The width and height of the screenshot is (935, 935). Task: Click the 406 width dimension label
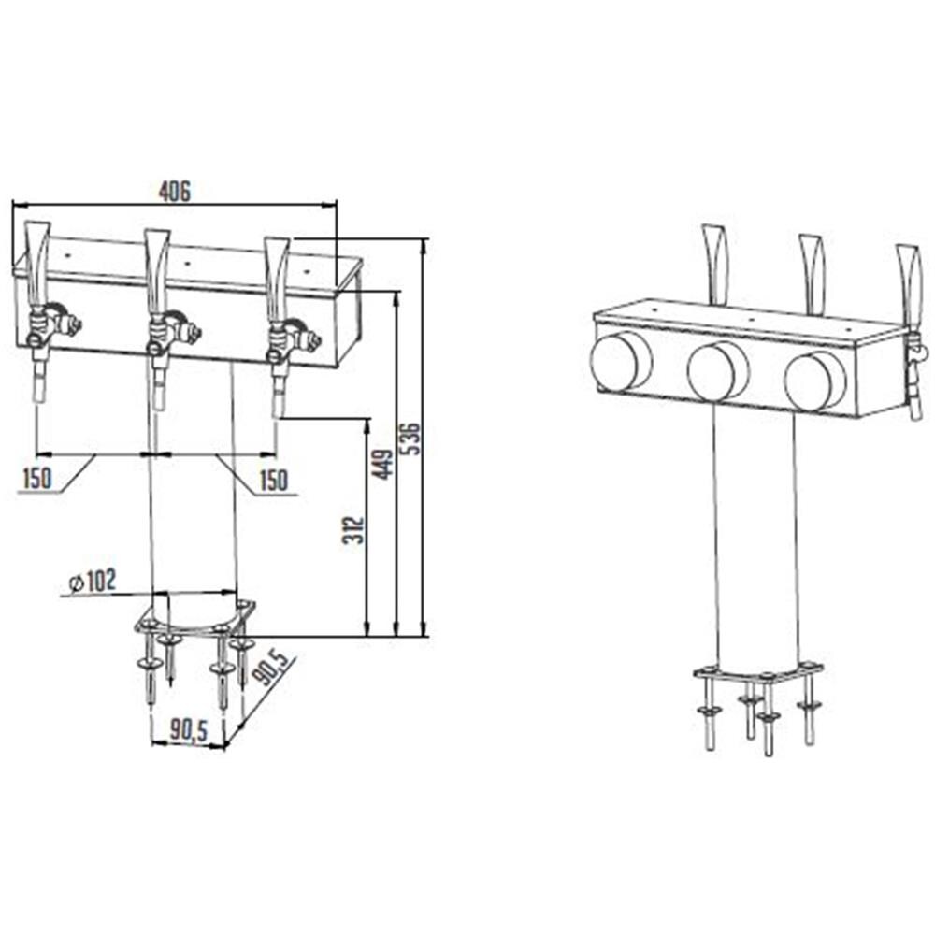pos(175,192)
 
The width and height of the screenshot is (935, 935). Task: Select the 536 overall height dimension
pos(410,439)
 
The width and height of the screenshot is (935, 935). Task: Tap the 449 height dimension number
pos(382,464)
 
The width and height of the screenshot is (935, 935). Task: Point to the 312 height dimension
pos(353,530)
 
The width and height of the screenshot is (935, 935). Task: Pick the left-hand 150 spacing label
pos(37,478)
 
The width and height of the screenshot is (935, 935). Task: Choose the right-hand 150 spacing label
pos(274,480)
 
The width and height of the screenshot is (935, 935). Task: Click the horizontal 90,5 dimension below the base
pos(189,730)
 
